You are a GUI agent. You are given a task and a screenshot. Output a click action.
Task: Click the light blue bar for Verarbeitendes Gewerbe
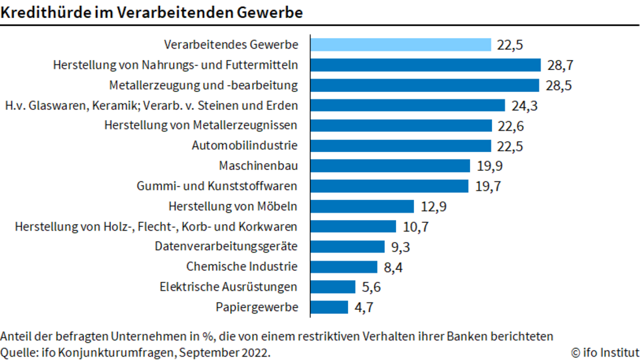click(x=401, y=45)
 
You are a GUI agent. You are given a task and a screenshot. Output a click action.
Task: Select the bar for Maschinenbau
click(x=390, y=166)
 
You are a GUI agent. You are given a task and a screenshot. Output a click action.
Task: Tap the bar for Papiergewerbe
click(x=329, y=307)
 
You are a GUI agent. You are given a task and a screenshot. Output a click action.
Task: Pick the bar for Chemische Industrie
click(x=344, y=267)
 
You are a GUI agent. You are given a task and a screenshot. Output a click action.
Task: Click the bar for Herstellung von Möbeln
click(x=363, y=206)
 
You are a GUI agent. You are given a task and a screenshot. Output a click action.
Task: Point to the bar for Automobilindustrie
click(x=401, y=146)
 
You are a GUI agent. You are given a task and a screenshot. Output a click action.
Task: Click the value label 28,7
click(x=561, y=65)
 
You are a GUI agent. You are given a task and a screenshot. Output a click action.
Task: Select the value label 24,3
click(x=525, y=106)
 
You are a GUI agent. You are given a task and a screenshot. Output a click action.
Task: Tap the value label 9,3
click(x=401, y=247)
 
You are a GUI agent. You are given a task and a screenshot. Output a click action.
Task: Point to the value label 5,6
click(x=371, y=287)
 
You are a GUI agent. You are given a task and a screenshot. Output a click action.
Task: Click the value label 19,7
click(x=488, y=186)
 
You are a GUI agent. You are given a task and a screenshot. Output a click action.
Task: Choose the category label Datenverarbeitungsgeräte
click(x=226, y=247)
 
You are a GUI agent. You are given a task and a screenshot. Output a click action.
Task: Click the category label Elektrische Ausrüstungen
click(x=229, y=287)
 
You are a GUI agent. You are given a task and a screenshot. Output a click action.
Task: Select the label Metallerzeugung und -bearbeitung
click(x=204, y=85)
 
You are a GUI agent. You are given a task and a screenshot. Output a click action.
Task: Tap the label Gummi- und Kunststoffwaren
click(x=217, y=186)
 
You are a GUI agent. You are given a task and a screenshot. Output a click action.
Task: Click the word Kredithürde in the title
click(x=46, y=13)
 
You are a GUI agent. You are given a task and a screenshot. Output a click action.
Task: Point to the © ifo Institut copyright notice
click(x=605, y=352)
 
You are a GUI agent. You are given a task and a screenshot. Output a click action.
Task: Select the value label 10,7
click(x=415, y=227)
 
